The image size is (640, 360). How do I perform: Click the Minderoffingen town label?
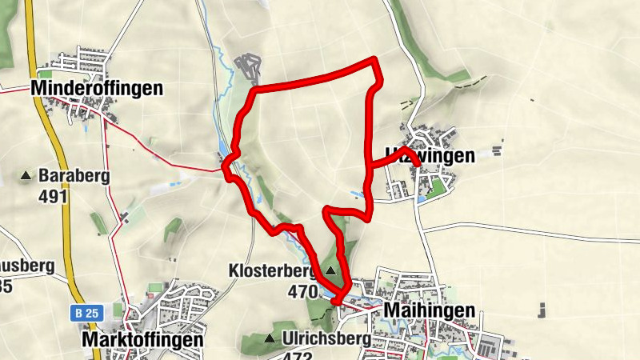pos(97,88)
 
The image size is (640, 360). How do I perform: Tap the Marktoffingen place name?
pos(142,339)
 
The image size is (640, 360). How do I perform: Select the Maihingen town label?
pos(430,310)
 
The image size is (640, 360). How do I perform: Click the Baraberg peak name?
pos(77,175)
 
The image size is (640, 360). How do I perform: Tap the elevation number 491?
pos(53,196)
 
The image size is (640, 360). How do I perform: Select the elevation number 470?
pos(302,292)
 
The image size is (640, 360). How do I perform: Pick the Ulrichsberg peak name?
pos(326,338)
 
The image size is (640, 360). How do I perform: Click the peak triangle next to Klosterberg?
pos(330,270)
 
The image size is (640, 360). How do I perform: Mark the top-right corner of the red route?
pos(374,60)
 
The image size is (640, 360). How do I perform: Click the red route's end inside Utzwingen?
pos(417,163)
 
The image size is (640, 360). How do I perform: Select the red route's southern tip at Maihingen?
pos(339,301)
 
